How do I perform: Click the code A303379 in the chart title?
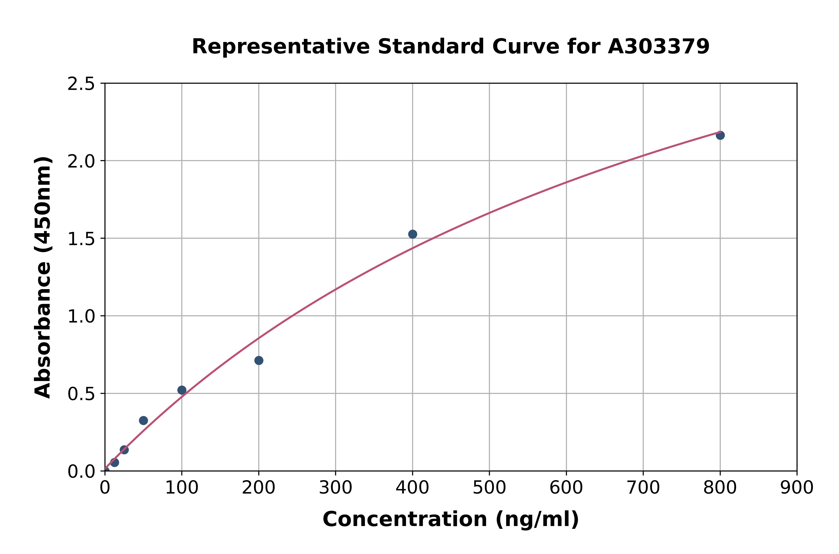point(659,47)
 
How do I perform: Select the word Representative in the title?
point(281,47)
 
